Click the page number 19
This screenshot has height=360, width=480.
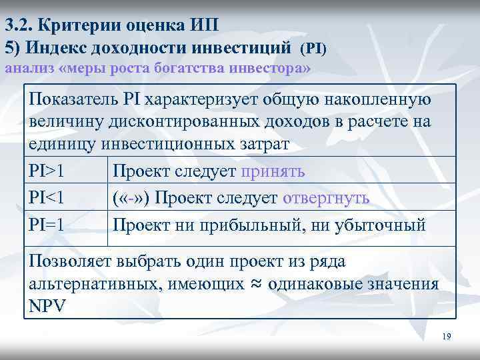pyautogui.click(x=447, y=337)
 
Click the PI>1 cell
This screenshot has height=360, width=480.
pyautogui.click(x=47, y=171)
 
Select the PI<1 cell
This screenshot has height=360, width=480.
pyautogui.click(x=47, y=199)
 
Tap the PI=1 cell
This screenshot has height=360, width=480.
pyautogui.click(x=47, y=225)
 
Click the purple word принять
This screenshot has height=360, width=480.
pyautogui.click(x=273, y=171)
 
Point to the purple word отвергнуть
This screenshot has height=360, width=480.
pyautogui.click(x=326, y=199)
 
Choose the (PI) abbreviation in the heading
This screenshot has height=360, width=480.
pyautogui.click(x=313, y=49)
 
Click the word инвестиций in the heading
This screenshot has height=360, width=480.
pyautogui.click(x=242, y=48)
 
